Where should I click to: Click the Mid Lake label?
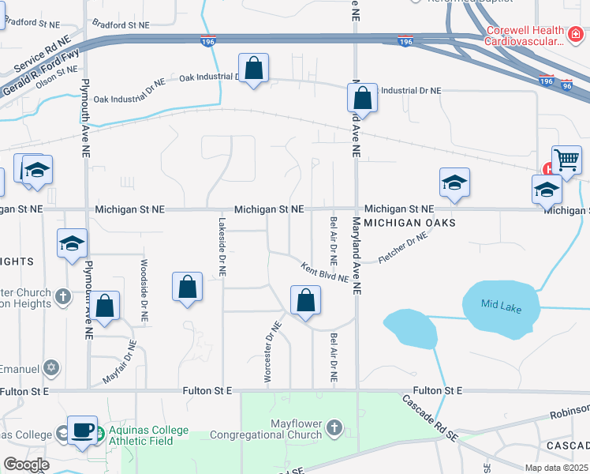[502, 308]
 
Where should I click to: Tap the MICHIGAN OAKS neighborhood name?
[410, 224]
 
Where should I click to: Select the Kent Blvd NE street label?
[324, 272]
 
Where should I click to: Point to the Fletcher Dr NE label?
[403, 247]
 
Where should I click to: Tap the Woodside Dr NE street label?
[144, 289]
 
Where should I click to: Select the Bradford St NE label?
[120, 25]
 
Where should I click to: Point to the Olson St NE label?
[56, 74]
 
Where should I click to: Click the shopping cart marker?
[566, 160]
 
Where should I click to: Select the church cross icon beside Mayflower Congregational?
[334, 429]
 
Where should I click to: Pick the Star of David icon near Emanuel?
[52, 368]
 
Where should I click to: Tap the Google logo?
[26, 465]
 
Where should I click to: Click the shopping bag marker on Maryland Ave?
[362, 100]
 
